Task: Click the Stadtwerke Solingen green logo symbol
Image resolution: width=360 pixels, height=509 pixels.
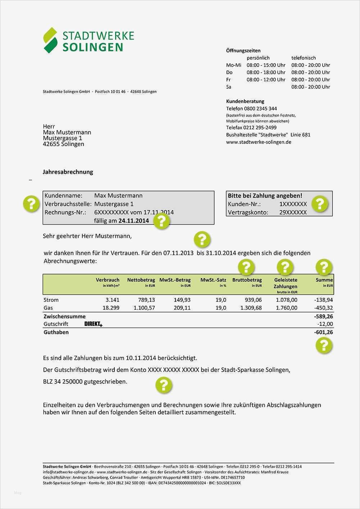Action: (x=50, y=40)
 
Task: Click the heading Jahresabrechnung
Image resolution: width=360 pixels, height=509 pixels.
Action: (x=68, y=172)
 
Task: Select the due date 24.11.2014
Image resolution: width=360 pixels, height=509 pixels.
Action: (x=133, y=221)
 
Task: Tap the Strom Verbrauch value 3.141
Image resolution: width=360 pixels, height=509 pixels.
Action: (x=112, y=300)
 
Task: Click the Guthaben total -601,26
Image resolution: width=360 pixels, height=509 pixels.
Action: (x=323, y=332)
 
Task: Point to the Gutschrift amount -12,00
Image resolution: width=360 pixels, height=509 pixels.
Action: (x=325, y=324)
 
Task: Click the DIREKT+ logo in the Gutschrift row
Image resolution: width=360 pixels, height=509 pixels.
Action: (x=93, y=324)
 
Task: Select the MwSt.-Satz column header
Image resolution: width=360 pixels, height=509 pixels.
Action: (x=213, y=280)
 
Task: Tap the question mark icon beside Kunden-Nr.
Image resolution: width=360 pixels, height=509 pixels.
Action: (x=319, y=204)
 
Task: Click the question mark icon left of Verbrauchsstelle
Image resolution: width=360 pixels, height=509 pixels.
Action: (x=31, y=204)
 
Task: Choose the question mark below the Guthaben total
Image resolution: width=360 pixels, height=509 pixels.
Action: (x=324, y=345)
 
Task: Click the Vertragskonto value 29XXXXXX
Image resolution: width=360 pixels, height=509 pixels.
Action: (x=293, y=213)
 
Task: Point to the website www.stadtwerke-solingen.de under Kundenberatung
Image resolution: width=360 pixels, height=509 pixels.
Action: (x=259, y=142)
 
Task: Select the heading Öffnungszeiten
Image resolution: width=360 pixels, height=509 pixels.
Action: (x=243, y=51)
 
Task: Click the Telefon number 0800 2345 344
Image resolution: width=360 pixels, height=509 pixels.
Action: (x=262, y=109)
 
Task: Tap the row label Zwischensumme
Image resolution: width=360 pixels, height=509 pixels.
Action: (x=64, y=317)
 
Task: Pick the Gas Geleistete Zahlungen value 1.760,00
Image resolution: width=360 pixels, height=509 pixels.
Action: (x=286, y=308)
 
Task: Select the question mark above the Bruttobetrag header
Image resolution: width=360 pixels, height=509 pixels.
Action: (x=246, y=267)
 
